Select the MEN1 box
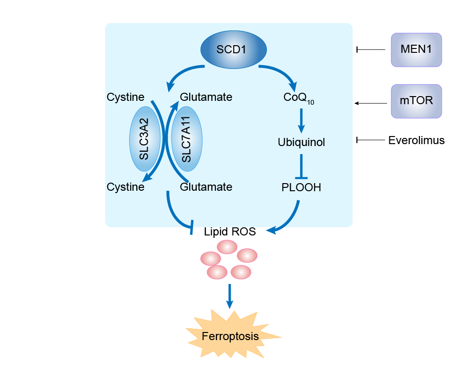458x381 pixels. click(417, 49)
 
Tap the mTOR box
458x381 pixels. click(417, 101)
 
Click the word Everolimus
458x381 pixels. click(416, 140)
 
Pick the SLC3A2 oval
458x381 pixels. click(144, 139)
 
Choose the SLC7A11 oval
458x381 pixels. click(186, 139)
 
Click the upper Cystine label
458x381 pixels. click(125, 97)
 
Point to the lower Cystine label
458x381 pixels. click(125, 187)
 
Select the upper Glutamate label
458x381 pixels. click(206, 97)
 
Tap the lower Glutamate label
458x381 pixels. click(206, 187)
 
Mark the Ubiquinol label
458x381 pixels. click(301, 142)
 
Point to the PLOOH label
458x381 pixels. click(301, 187)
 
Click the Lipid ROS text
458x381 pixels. click(230, 232)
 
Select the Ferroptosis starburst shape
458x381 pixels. click(231, 336)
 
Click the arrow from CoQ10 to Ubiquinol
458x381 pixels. click(301, 121)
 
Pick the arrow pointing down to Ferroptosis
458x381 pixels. click(230, 296)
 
